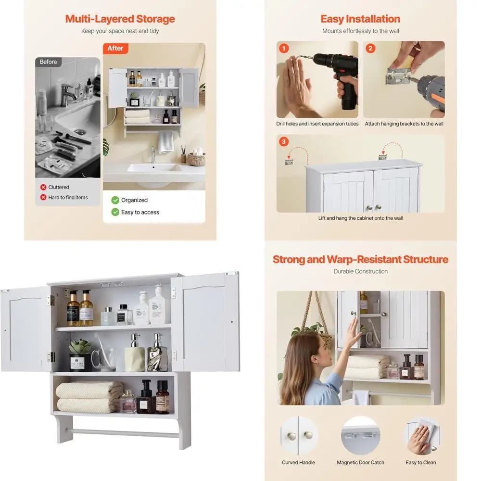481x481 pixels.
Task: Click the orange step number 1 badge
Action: (284, 48)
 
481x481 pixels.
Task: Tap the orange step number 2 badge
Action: (370, 48)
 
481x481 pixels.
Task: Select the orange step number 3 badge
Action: (284, 141)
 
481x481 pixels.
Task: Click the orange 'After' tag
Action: (115, 48)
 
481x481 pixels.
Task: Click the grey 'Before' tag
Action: (48, 62)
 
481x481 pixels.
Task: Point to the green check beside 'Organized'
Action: (115, 200)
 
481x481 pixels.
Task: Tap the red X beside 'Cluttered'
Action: (43, 187)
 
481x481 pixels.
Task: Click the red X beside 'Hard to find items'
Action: (43, 197)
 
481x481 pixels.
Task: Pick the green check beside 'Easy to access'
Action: (115, 212)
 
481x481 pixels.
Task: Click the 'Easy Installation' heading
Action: (360, 19)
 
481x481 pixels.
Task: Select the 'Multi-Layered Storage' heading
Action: (120, 19)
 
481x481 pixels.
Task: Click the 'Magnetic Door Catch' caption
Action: (360, 462)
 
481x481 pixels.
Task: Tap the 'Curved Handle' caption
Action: (298, 462)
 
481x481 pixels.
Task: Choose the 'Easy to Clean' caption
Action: (420, 462)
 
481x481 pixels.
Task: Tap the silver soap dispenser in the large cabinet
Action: (158, 353)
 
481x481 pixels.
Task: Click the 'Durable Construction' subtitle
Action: (360, 271)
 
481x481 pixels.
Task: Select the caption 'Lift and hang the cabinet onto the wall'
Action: (360, 218)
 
